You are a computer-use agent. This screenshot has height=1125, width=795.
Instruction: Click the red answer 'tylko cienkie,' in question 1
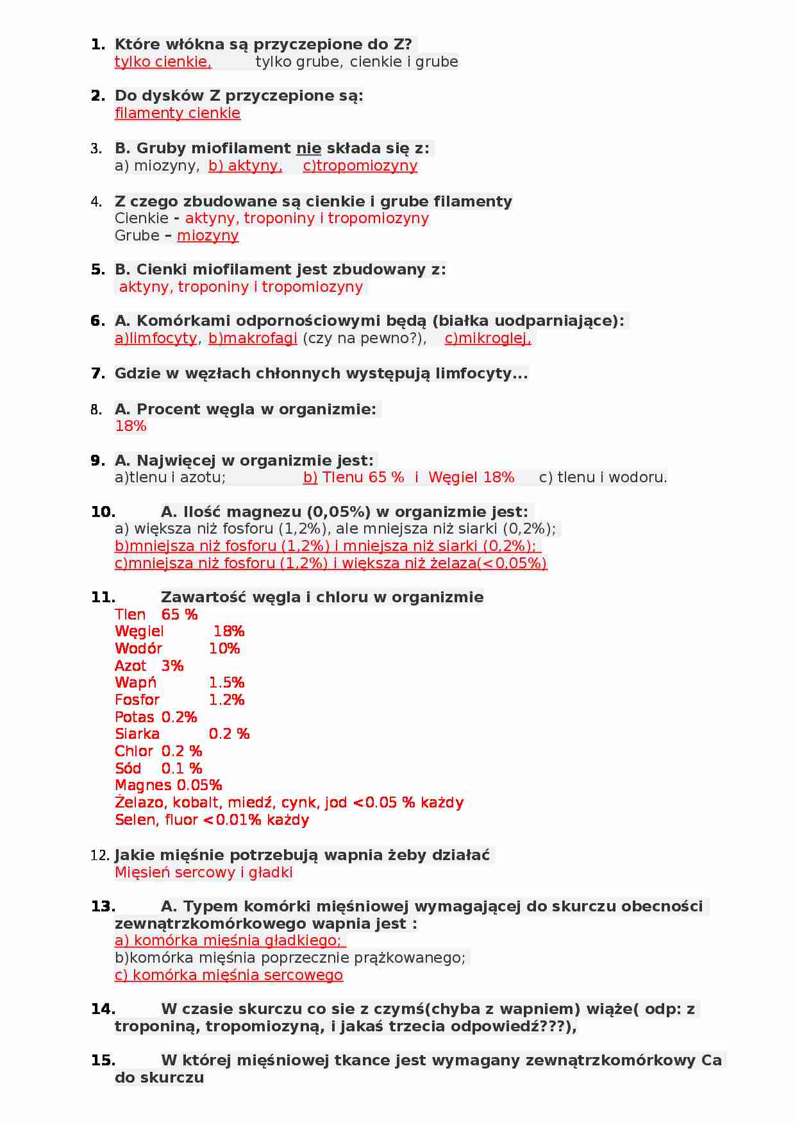(x=163, y=62)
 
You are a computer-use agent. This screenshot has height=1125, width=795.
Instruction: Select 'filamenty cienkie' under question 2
(x=178, y=113)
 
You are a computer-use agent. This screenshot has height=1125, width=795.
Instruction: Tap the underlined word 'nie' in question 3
(x=308, y=148)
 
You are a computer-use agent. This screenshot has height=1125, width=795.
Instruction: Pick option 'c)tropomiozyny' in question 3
(x=360, y=165)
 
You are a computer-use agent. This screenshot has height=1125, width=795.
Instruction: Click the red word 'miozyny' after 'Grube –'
(x=208, y=235)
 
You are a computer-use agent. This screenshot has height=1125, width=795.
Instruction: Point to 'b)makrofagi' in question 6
(x=253, y=338)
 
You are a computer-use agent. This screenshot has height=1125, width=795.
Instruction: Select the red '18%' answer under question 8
(x=131, y=426)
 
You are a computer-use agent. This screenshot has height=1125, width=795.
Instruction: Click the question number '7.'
(x=98, y=373)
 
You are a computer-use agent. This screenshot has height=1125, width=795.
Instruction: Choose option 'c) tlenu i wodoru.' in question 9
(x=603, y=477)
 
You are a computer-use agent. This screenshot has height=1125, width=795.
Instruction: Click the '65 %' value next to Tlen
(x=180, y=614)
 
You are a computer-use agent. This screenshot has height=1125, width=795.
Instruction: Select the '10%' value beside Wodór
(x=224, y=648)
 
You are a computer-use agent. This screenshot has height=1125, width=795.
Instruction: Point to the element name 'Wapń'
(x=135, y=682)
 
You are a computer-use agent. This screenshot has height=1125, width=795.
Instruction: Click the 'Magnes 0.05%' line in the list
(x=169, y=785)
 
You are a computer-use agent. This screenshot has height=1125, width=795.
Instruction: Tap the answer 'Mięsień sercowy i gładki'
(x=203, y=872)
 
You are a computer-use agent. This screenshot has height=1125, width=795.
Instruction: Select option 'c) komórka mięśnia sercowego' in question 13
(x=229, y=975)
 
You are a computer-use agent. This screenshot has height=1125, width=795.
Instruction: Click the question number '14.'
(x=103, y=1009)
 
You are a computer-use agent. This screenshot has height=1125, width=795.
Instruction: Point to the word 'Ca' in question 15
(x=711, y=1060)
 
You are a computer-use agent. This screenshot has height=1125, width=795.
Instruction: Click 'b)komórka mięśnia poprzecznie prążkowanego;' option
(x=290, y=958)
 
